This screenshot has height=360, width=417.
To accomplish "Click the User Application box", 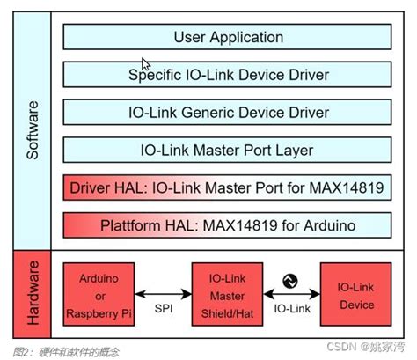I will pyautogui.click(x=228, y=37).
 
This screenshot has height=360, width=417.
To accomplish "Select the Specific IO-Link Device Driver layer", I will pyautogui.click(x=228, y=75).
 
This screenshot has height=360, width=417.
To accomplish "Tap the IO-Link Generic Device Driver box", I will pyautogui.click(x=228, y=113).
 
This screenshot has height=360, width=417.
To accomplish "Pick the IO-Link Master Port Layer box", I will pyautogui.click(x=228, y=151).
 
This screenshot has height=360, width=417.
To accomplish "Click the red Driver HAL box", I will pyautogui.click(x=228, y=187).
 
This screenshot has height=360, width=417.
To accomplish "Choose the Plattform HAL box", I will pyautogui.click(x=228, y=225).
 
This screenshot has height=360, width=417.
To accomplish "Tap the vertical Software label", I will pyautogui.click(x=33, y=129).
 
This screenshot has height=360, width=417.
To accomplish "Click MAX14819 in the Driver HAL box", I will pyautogui.click(x=352, y=187).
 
